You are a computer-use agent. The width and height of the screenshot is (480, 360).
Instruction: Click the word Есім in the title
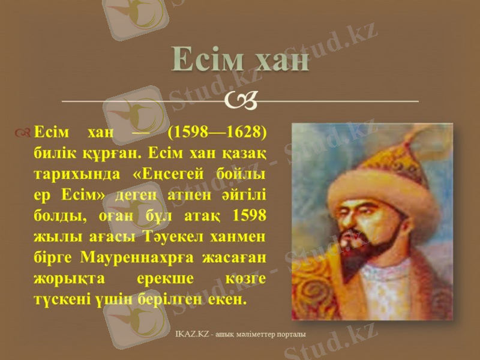[204, 59]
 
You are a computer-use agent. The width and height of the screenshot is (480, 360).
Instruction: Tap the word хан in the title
[278, 59]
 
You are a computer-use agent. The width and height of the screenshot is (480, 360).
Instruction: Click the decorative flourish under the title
[241, 100]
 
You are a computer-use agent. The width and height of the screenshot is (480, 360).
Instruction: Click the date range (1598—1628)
[217, 131]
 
